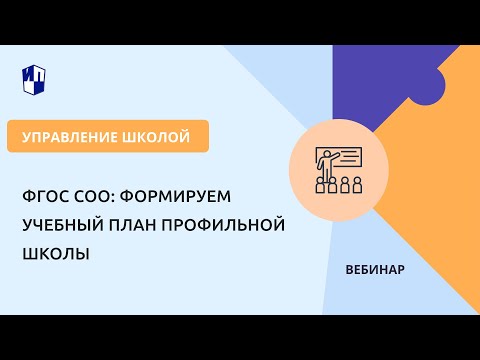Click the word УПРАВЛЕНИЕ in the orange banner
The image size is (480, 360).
[69, 136]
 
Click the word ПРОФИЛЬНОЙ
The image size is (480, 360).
[231, 224]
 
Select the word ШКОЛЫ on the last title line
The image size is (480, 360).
[55, 254]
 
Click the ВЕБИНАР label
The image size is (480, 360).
[374, 271]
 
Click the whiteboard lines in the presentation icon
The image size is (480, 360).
[348, 157]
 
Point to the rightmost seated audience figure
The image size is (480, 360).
[357, 186]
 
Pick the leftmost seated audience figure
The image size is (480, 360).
[321, 186]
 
